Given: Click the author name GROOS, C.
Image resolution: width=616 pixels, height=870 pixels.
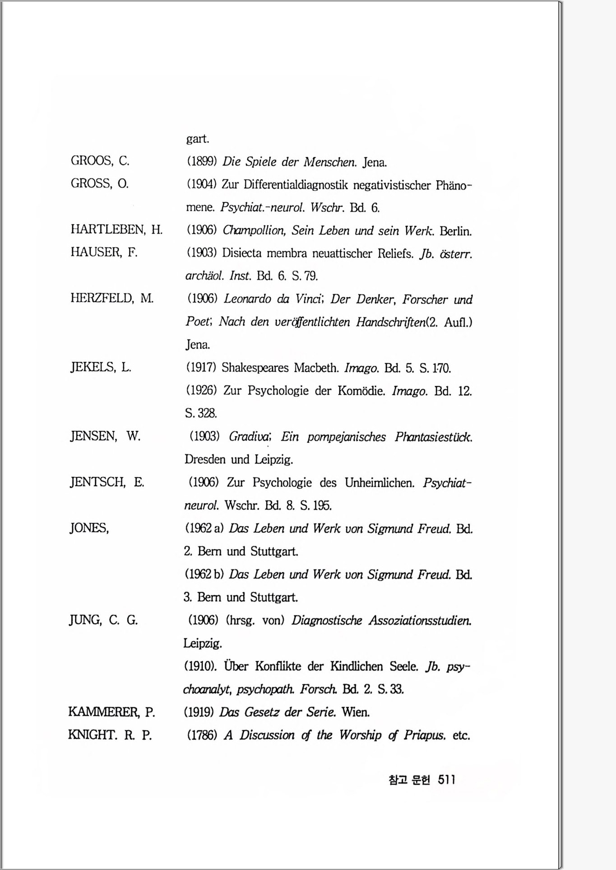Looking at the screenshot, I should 100,161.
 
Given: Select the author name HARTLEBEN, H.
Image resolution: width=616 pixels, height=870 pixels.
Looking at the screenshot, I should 116,229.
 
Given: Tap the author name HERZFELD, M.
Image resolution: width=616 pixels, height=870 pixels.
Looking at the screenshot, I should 112,298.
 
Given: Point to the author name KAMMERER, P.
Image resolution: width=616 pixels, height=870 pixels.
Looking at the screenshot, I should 111,712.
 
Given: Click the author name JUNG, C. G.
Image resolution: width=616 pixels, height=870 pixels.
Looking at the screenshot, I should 103,620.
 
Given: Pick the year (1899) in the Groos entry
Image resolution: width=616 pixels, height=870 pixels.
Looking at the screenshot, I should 202,162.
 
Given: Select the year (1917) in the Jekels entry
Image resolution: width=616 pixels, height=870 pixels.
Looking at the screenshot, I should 202,368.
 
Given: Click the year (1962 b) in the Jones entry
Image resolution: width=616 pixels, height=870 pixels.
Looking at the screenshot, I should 204,575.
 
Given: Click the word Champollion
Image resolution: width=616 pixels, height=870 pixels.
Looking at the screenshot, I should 254,231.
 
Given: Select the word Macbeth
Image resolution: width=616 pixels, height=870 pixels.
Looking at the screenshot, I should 316,368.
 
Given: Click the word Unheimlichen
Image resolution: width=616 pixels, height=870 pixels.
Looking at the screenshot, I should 380,483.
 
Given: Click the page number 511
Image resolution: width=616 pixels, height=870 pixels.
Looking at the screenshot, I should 446,780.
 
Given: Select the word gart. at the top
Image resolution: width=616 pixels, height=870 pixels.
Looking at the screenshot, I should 198,139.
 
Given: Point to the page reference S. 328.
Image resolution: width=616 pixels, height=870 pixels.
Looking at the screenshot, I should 201,413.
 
